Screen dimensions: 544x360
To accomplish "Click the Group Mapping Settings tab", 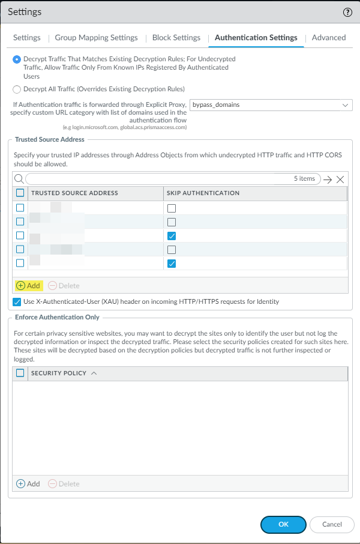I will coord(96,37).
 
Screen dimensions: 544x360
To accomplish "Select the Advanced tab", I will coord(329,37).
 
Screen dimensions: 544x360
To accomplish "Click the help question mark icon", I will coord(347,12).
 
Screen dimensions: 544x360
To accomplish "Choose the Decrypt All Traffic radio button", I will coord(17,89).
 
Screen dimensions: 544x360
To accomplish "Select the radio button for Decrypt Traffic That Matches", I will coord(17,59).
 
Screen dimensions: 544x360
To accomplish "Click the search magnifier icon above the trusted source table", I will coord(19,179).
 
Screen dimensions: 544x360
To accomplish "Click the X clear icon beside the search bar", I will coord(340,179).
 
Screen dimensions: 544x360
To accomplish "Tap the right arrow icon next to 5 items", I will coord(327,179).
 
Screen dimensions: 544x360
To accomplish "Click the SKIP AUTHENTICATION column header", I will coord(204,193).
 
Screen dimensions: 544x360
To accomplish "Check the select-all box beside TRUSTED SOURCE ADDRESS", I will coord(20,193).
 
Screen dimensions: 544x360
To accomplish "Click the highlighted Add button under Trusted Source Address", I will coord(28,285).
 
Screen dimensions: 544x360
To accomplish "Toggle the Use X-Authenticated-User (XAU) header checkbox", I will coord(17,301).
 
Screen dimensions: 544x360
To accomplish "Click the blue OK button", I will coord(284,524).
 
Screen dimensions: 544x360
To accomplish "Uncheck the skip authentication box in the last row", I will coord(172,263).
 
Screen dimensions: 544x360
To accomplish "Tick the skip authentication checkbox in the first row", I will coord(172,208).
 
